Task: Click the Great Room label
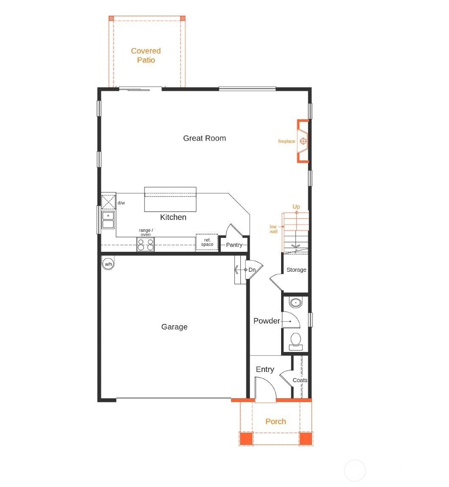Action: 204,138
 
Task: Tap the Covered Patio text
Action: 146,56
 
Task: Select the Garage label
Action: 174,327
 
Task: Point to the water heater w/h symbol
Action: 108,264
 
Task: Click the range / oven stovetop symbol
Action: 145,245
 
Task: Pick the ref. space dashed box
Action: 207,242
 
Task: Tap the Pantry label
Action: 234,245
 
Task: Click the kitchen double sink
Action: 108,220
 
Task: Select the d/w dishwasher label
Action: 121,203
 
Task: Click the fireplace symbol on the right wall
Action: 303,141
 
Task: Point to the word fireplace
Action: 287,141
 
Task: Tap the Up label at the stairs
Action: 296,207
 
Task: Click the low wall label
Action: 273,229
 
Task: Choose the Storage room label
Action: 296,270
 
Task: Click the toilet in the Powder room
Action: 296,340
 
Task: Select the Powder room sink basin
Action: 296,303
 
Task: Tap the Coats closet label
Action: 300,380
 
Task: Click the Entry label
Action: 265,370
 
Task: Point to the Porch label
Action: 276,422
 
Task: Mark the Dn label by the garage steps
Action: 252,270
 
